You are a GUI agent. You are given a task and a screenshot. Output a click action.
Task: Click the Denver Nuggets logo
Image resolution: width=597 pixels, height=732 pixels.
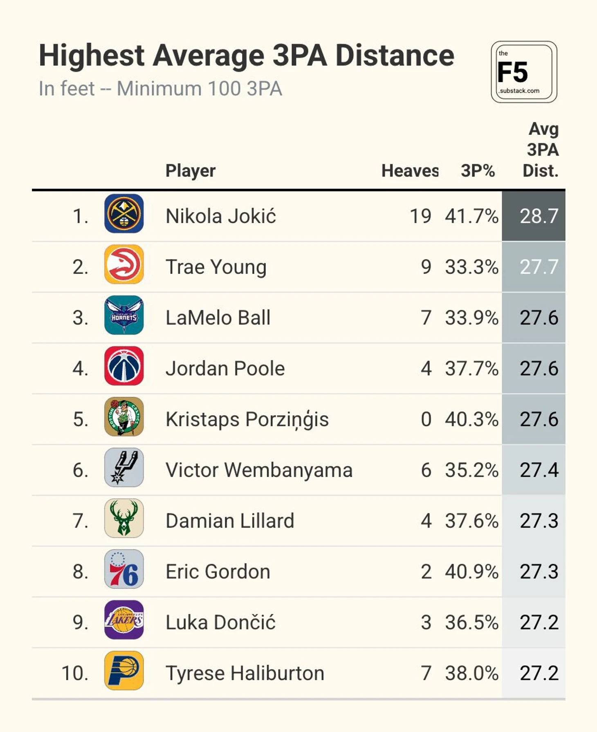124,214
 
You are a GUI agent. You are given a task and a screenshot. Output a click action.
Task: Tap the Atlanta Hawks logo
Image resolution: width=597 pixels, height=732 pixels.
124,264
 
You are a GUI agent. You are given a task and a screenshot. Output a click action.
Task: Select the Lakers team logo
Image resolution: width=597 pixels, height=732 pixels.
124,620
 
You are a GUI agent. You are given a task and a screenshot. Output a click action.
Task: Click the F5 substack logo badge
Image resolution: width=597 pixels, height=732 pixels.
523,72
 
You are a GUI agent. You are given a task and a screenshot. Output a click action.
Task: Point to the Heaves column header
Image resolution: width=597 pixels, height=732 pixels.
410,171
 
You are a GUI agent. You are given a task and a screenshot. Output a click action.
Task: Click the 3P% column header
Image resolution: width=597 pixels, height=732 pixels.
478,171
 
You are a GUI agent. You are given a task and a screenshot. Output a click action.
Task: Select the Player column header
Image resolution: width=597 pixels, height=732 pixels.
190,171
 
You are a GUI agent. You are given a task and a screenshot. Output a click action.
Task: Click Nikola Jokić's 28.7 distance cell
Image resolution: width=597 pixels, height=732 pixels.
539,216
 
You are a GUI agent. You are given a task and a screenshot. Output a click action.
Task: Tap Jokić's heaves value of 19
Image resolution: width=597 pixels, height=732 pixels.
420,216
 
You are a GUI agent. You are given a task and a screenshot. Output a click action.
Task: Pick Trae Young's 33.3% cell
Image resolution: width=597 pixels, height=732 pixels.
471,267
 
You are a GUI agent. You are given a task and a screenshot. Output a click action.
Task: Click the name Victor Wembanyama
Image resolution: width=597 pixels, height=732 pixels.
259,470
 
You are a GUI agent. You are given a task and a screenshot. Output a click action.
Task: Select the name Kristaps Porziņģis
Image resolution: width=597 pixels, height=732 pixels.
247,419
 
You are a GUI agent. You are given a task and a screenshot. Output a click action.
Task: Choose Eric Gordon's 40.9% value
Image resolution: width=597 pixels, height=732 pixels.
471,572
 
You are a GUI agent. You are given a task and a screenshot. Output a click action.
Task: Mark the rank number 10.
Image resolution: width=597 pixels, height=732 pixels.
75,673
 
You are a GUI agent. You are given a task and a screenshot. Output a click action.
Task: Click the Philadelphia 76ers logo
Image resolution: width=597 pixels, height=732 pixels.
124,569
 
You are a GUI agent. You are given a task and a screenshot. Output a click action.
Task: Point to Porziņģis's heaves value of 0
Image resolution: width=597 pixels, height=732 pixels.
426,419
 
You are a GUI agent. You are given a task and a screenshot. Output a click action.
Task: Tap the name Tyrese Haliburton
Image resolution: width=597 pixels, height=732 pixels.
245,673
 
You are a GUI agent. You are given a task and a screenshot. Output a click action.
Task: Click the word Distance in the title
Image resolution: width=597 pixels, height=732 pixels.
395,56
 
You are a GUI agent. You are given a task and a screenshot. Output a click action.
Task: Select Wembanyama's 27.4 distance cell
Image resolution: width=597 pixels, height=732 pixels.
539,470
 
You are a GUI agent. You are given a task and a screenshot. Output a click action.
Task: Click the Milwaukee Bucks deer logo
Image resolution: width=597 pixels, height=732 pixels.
124,518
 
